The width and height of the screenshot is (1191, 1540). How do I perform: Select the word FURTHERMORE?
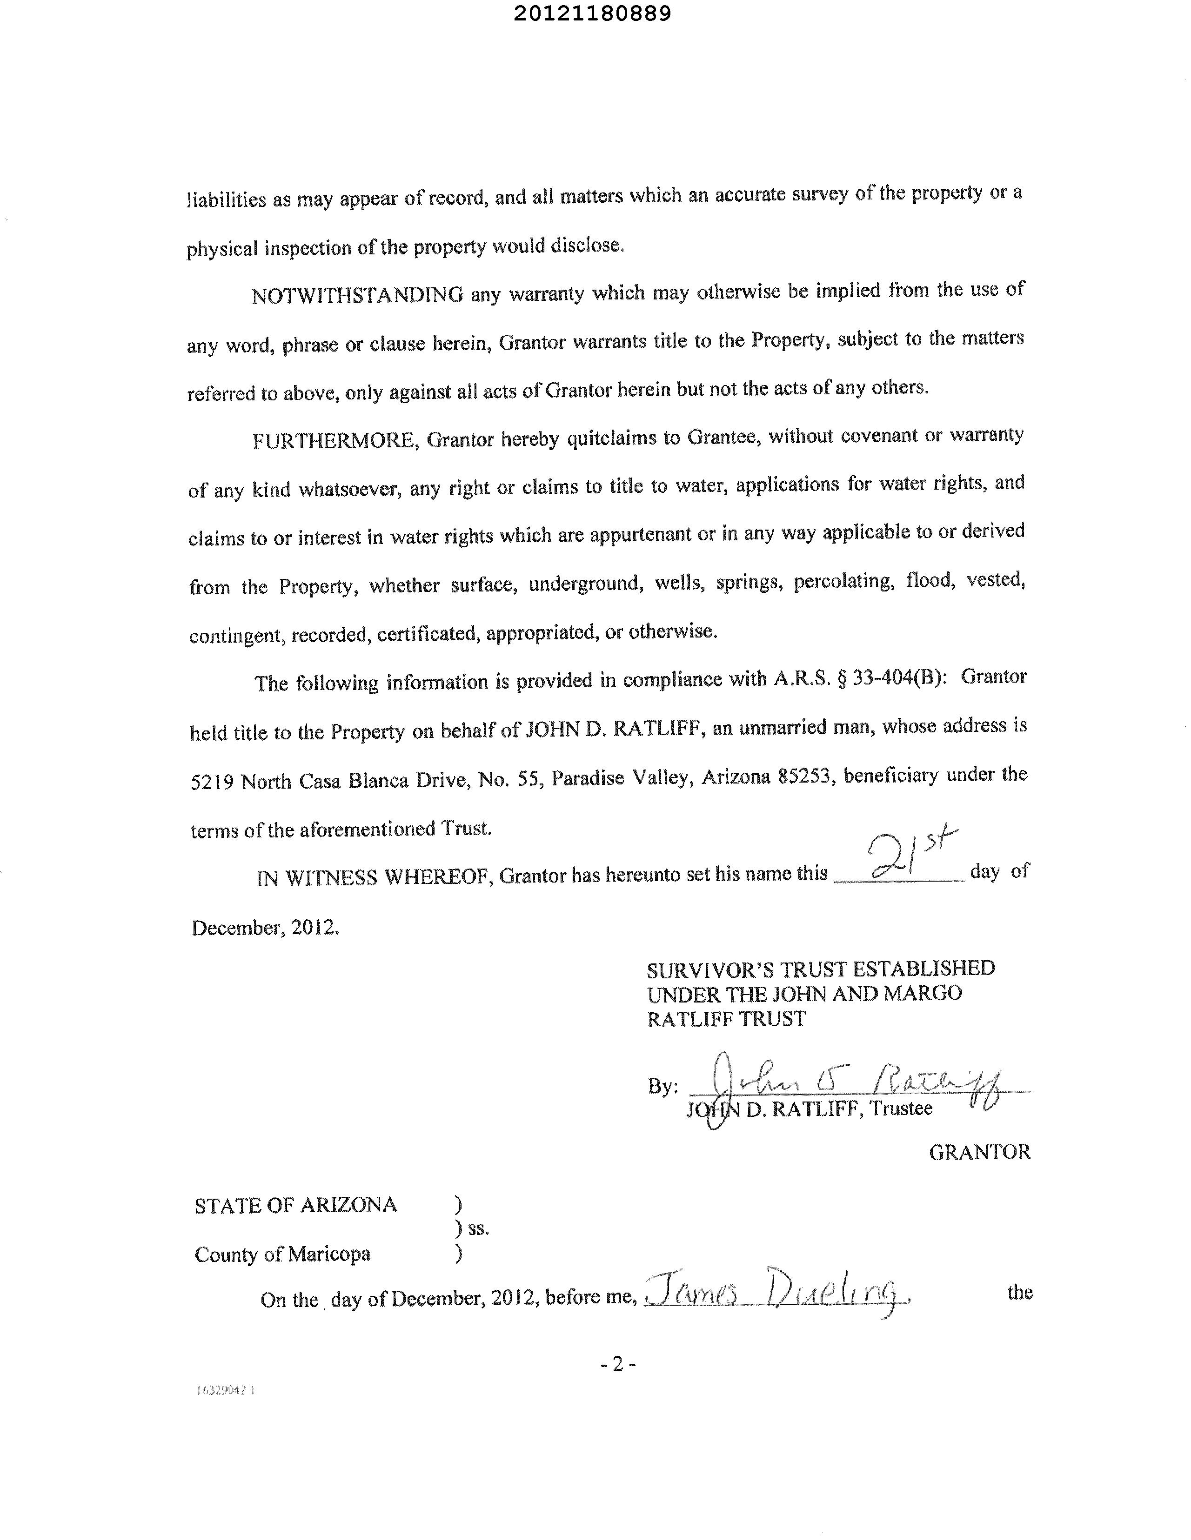point(336,441)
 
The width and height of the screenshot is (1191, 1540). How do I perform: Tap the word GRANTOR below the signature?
point(979,1152)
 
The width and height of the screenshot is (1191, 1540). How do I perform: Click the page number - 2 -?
point(618,1364)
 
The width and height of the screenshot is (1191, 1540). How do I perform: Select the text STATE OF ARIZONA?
point(295,1205)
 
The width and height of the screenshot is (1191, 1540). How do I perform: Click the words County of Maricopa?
point(282,1255)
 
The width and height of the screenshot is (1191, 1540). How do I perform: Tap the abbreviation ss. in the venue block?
point(478,1229)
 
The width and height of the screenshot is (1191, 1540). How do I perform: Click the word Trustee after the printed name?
point(901,1109)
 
